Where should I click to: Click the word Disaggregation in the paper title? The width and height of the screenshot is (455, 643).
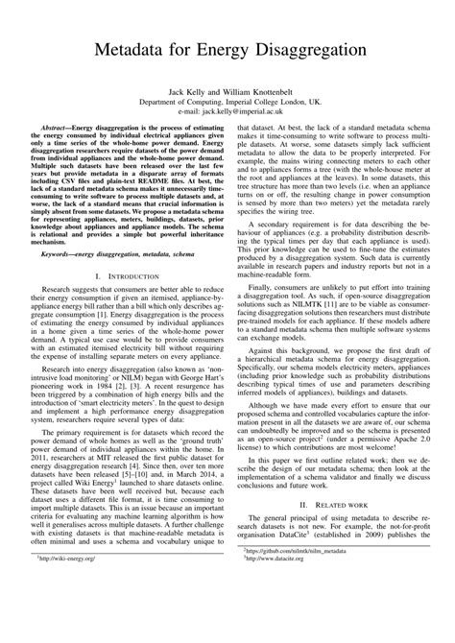pos(306,49)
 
